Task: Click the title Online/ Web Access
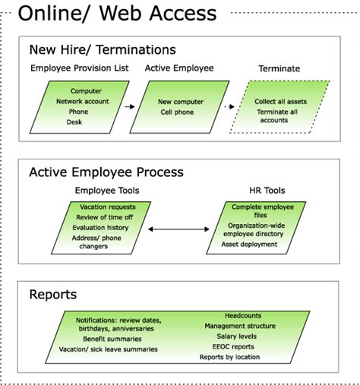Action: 117,13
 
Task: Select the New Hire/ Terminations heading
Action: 103,50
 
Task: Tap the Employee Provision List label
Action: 79,68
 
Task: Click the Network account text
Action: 82,101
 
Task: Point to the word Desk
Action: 74,121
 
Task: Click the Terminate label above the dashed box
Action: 279,68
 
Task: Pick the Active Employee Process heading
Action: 106,172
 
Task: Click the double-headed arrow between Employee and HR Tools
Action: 180,229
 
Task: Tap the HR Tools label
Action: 267,190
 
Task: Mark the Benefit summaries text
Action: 114,339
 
